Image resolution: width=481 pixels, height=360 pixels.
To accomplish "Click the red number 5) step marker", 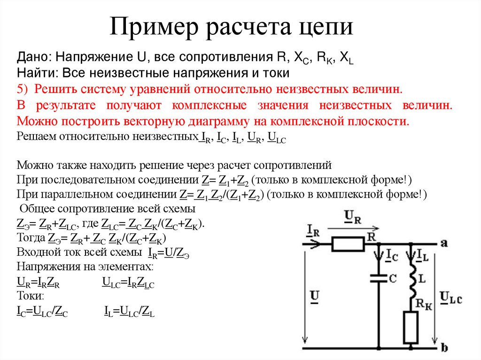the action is [x=23, y=89].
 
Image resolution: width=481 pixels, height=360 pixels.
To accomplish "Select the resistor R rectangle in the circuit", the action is [x=348, y=244].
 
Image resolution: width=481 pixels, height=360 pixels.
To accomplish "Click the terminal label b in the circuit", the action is [x=444, y=348].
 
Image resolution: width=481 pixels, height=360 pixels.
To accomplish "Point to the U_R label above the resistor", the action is [x=353, y=216].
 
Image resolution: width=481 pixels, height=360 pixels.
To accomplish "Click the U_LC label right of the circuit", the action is [x=451, y=297].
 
